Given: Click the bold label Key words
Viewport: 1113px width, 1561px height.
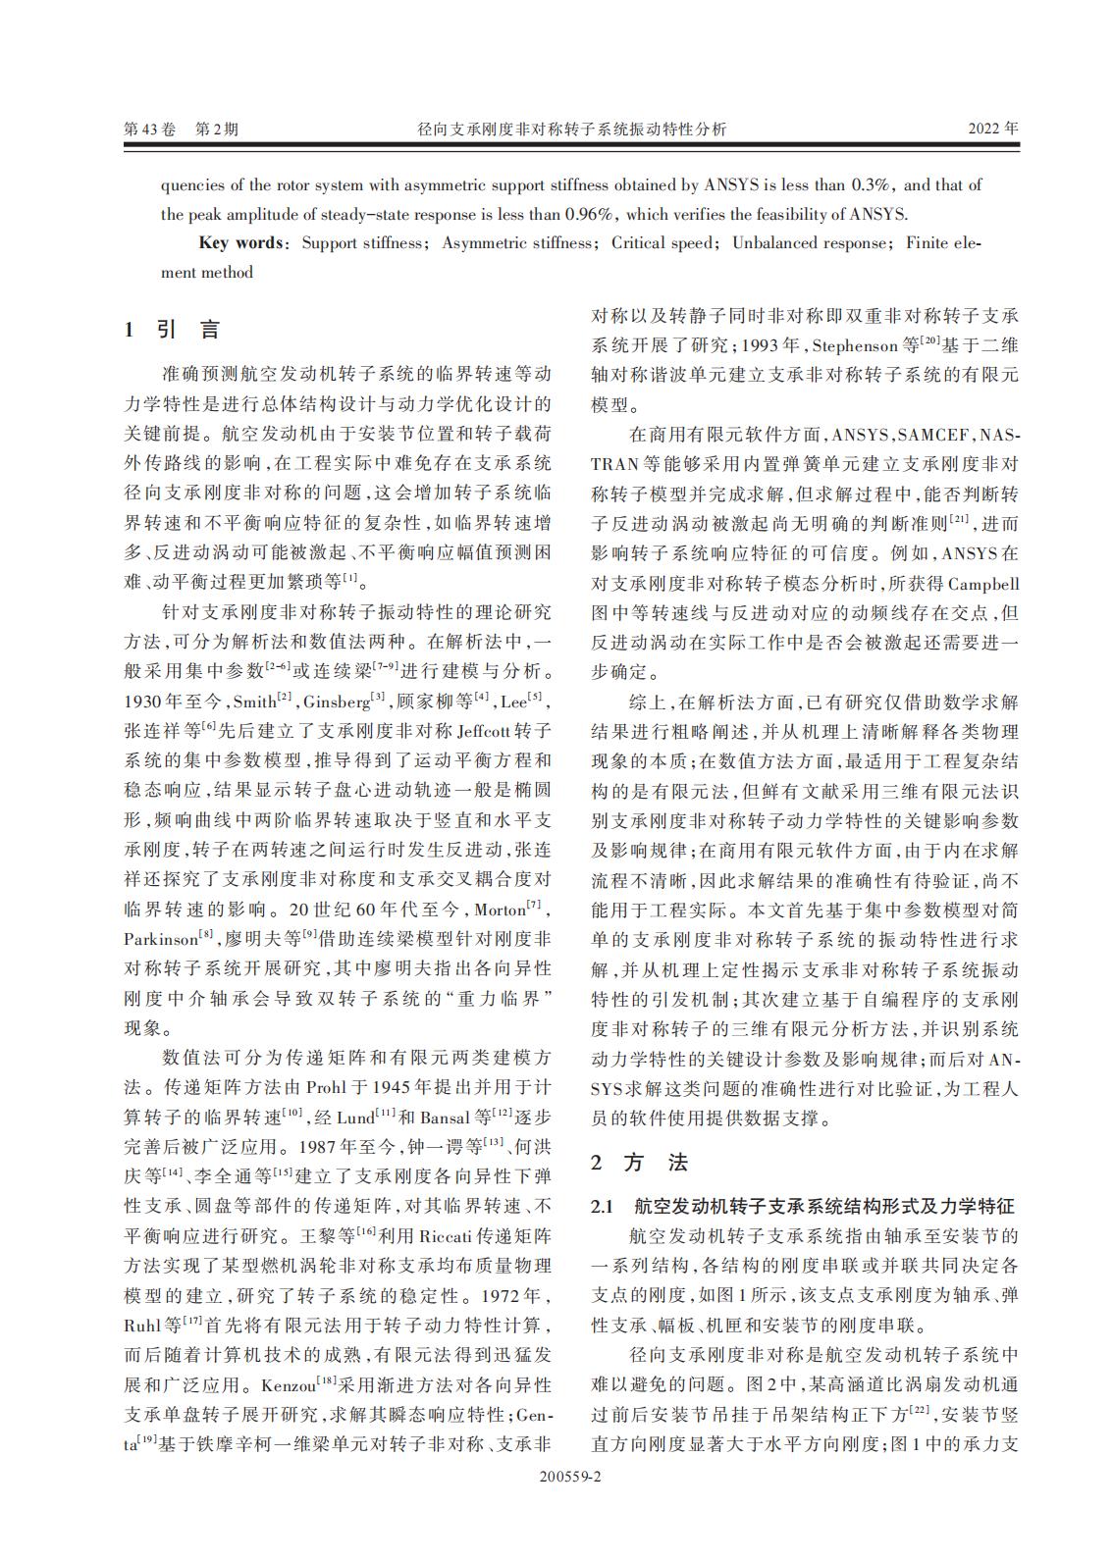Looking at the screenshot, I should [x=241, y=242].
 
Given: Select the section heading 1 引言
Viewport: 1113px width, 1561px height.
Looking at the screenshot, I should [x=173, y=330].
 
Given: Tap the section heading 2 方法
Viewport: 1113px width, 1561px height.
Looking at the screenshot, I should [x=640, y=1163].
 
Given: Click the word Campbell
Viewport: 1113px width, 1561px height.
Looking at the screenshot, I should [x=983, y=584].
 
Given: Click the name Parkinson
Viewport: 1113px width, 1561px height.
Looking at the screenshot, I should [x=161, y=939].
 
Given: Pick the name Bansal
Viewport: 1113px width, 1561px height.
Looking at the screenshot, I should [x=447, y=1118].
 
